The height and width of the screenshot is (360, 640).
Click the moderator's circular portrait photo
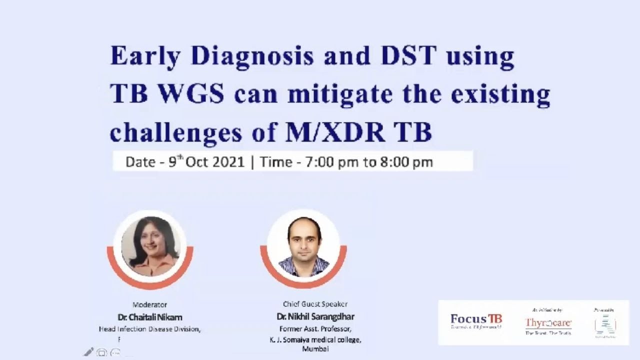pos(150,247)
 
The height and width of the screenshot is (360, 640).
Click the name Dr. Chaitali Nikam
pos(149,317)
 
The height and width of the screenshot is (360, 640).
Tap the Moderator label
pos(149,304)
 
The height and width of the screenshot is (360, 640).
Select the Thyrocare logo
pos(548,323)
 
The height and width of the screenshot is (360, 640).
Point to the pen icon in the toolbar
pos(88,352)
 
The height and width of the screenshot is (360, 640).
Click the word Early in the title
pos(145,56)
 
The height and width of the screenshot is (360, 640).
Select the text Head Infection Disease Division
pos(149,329)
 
